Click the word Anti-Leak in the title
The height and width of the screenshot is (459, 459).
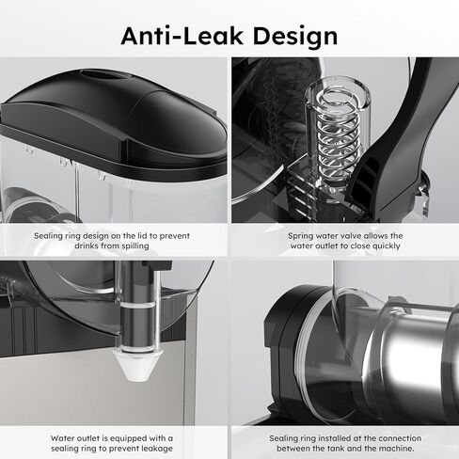tap(182, 36)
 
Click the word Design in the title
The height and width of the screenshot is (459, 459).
tap(295, 38)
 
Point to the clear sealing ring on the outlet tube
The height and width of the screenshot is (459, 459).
tap(138, 305)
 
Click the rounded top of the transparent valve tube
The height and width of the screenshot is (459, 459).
tap(338, 92)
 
